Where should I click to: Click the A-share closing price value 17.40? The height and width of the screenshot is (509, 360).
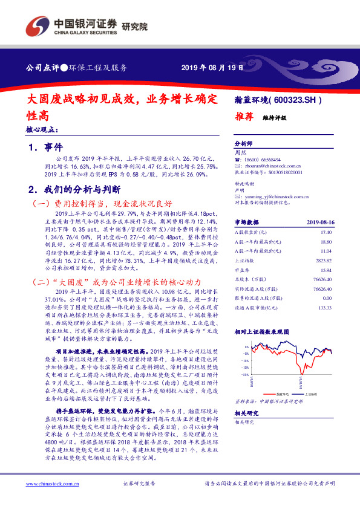[x=327, y=232]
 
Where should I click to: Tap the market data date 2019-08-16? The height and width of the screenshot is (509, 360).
[x=320, y=222]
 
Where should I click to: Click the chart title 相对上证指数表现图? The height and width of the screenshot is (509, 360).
[x=263, y=332]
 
